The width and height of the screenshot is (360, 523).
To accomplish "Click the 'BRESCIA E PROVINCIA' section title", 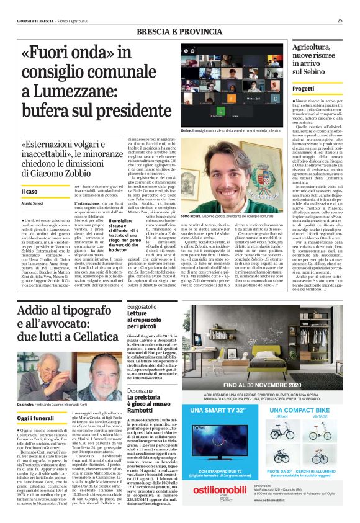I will [x=179, y=30].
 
